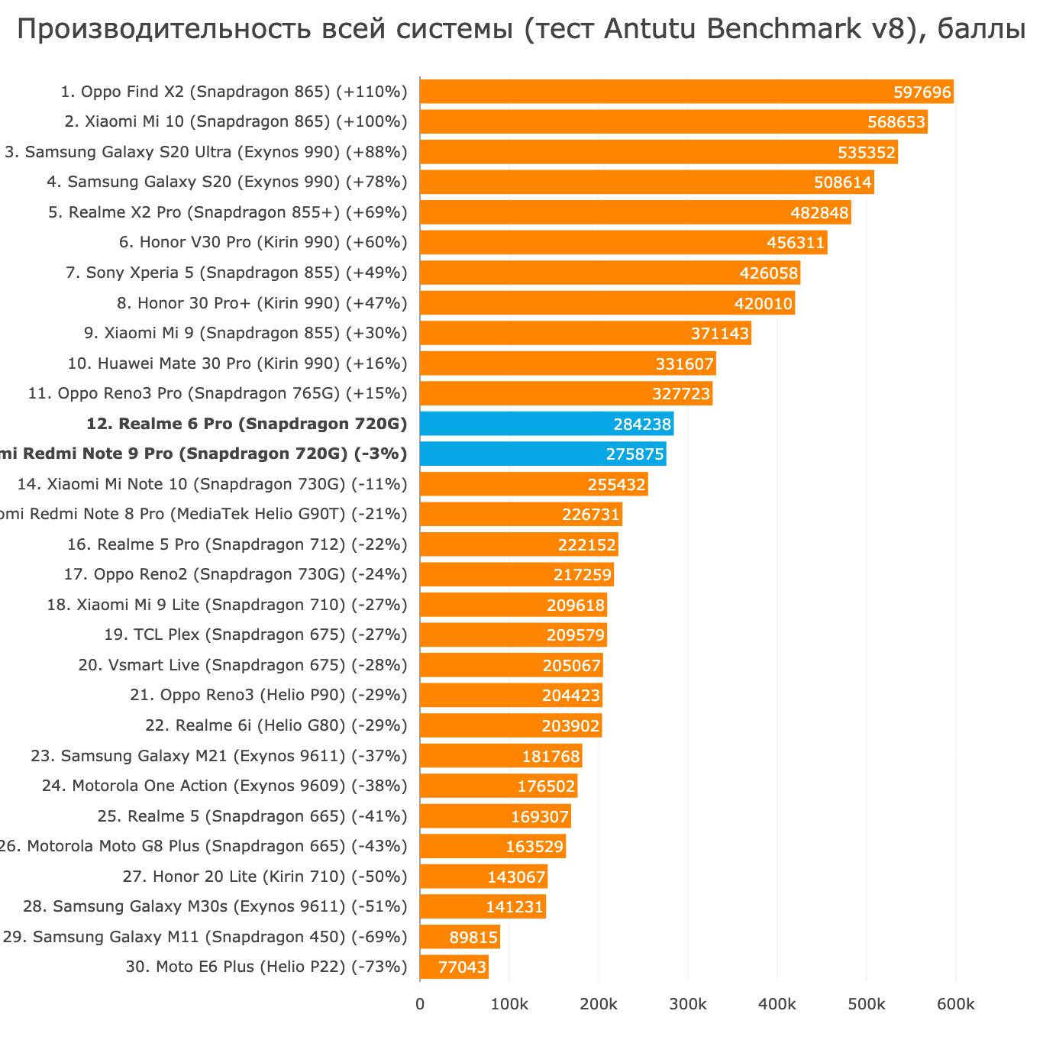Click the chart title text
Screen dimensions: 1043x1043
pyautogui.click(x=521, y=29)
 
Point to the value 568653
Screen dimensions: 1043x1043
pyautogui.click(x=896, y=122)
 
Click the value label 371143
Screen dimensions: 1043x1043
pyautogui.click(x=720, y=334)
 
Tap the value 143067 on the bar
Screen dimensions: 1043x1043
pyautogui.click(x=516, y=877)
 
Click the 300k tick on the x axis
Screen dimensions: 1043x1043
pyautogui.click(x=687, y=1005)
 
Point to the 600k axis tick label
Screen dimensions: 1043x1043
pyautogui.click(x=955, y=1005)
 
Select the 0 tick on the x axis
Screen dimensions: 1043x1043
pyautogui.click(x=420, y=1005)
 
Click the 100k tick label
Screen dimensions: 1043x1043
pyautogui.click(x=509, y=1005)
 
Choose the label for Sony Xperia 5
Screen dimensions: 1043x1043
pyautogui.click(x=237, y=273)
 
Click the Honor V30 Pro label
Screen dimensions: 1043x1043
pyautogui.click(x=263, y=243)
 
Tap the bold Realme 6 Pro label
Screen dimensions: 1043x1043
pyautogui.click(x=247, y=424)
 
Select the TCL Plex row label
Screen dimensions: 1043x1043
pyautogui.click(x=255, y=635)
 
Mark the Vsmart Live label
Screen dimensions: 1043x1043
pyautogui.click(x=243, y=665)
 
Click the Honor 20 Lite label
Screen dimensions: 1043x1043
pyautogui.click(x=265, y=877)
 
